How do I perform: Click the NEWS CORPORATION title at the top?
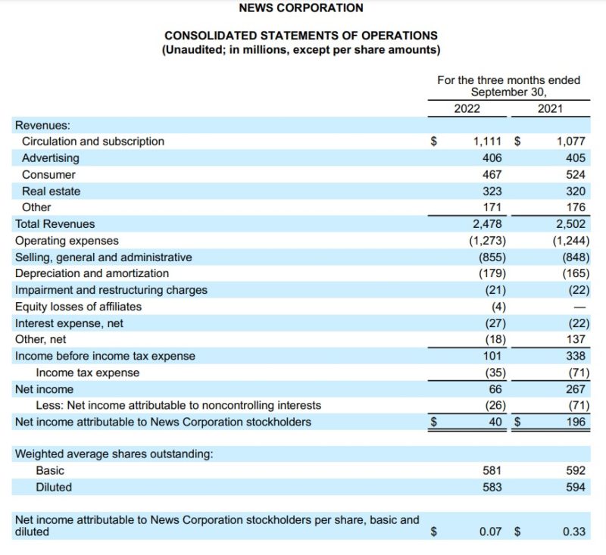pyautogui.click(x=301, y=8)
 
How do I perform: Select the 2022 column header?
pyautogui.click(x=467, y=108)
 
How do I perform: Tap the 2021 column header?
pyautogui.click(x=550, y=108)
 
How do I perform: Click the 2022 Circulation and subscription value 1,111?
pyautogui.click(x=487, y=142)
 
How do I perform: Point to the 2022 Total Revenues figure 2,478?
pyautogui.click(x=487, y=224)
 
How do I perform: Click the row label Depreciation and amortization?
pyautogui.click(x=92, y=273)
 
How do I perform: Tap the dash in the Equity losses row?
pyautogui.click(x=580, y=307)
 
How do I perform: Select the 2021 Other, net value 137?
pyautogui.click(x=575, y=340)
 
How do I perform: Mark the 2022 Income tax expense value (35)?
pyautogui.click(x=490, y=373)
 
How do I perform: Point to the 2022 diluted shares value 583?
pyautogui.click(x=492, y=488)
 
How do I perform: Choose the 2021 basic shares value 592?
pyautogui.click(x=575, y=471)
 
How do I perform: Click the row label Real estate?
pyautogui.click(x=52, y=192)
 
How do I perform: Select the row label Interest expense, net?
pyautogui.click(x=69, y=323)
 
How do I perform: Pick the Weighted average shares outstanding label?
pyautogui.click(x=114, y=454)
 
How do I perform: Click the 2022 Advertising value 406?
pyautogui.click(x=492, y=158)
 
